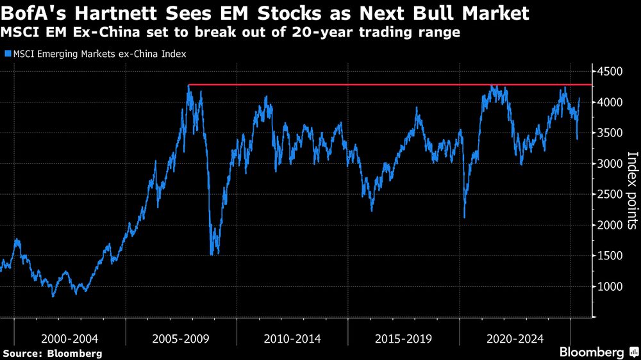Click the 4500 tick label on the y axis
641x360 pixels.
coord(611,71)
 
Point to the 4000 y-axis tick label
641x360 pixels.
coord(611,102)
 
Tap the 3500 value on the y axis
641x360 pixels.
coord(611,133)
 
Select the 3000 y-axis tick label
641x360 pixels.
coord(611,163)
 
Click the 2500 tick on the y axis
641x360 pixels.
coord(611,194)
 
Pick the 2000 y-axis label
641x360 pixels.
coord(611,225)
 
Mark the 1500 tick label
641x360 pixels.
coord(611,256)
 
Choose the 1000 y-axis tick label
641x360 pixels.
coord(611,286)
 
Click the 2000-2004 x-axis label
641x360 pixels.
coord(70,338)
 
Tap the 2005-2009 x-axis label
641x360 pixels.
coord(181,338)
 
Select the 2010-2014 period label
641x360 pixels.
coord(292,338)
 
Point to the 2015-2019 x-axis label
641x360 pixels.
coord(404,338)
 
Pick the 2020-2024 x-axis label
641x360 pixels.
coord(515,338)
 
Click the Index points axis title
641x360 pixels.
coord(631,190)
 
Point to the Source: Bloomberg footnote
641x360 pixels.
coord(53,353)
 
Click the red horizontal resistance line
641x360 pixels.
coord(385,85)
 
